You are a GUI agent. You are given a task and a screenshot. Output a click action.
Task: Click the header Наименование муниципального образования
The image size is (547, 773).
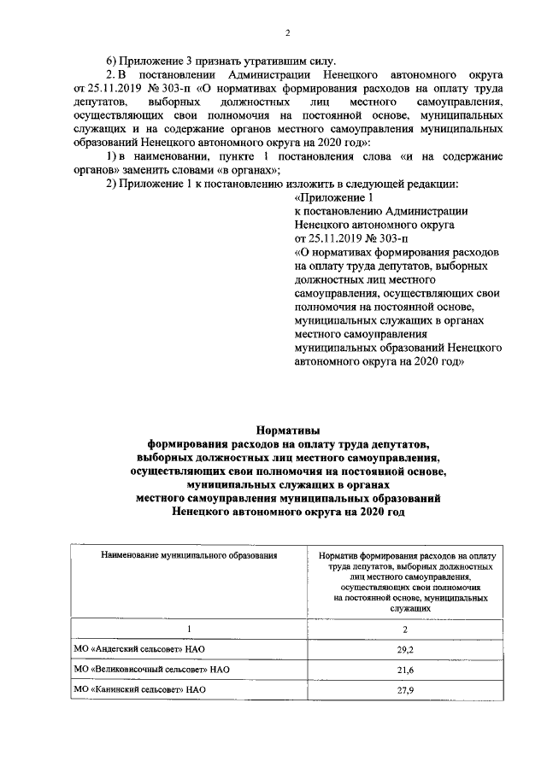tap(189, 555)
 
